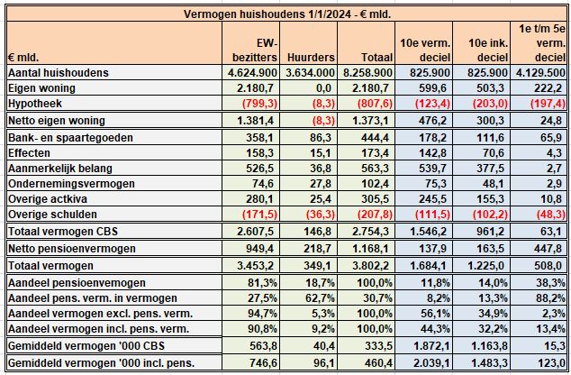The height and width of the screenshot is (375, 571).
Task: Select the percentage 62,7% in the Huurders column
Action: click(318, 298)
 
